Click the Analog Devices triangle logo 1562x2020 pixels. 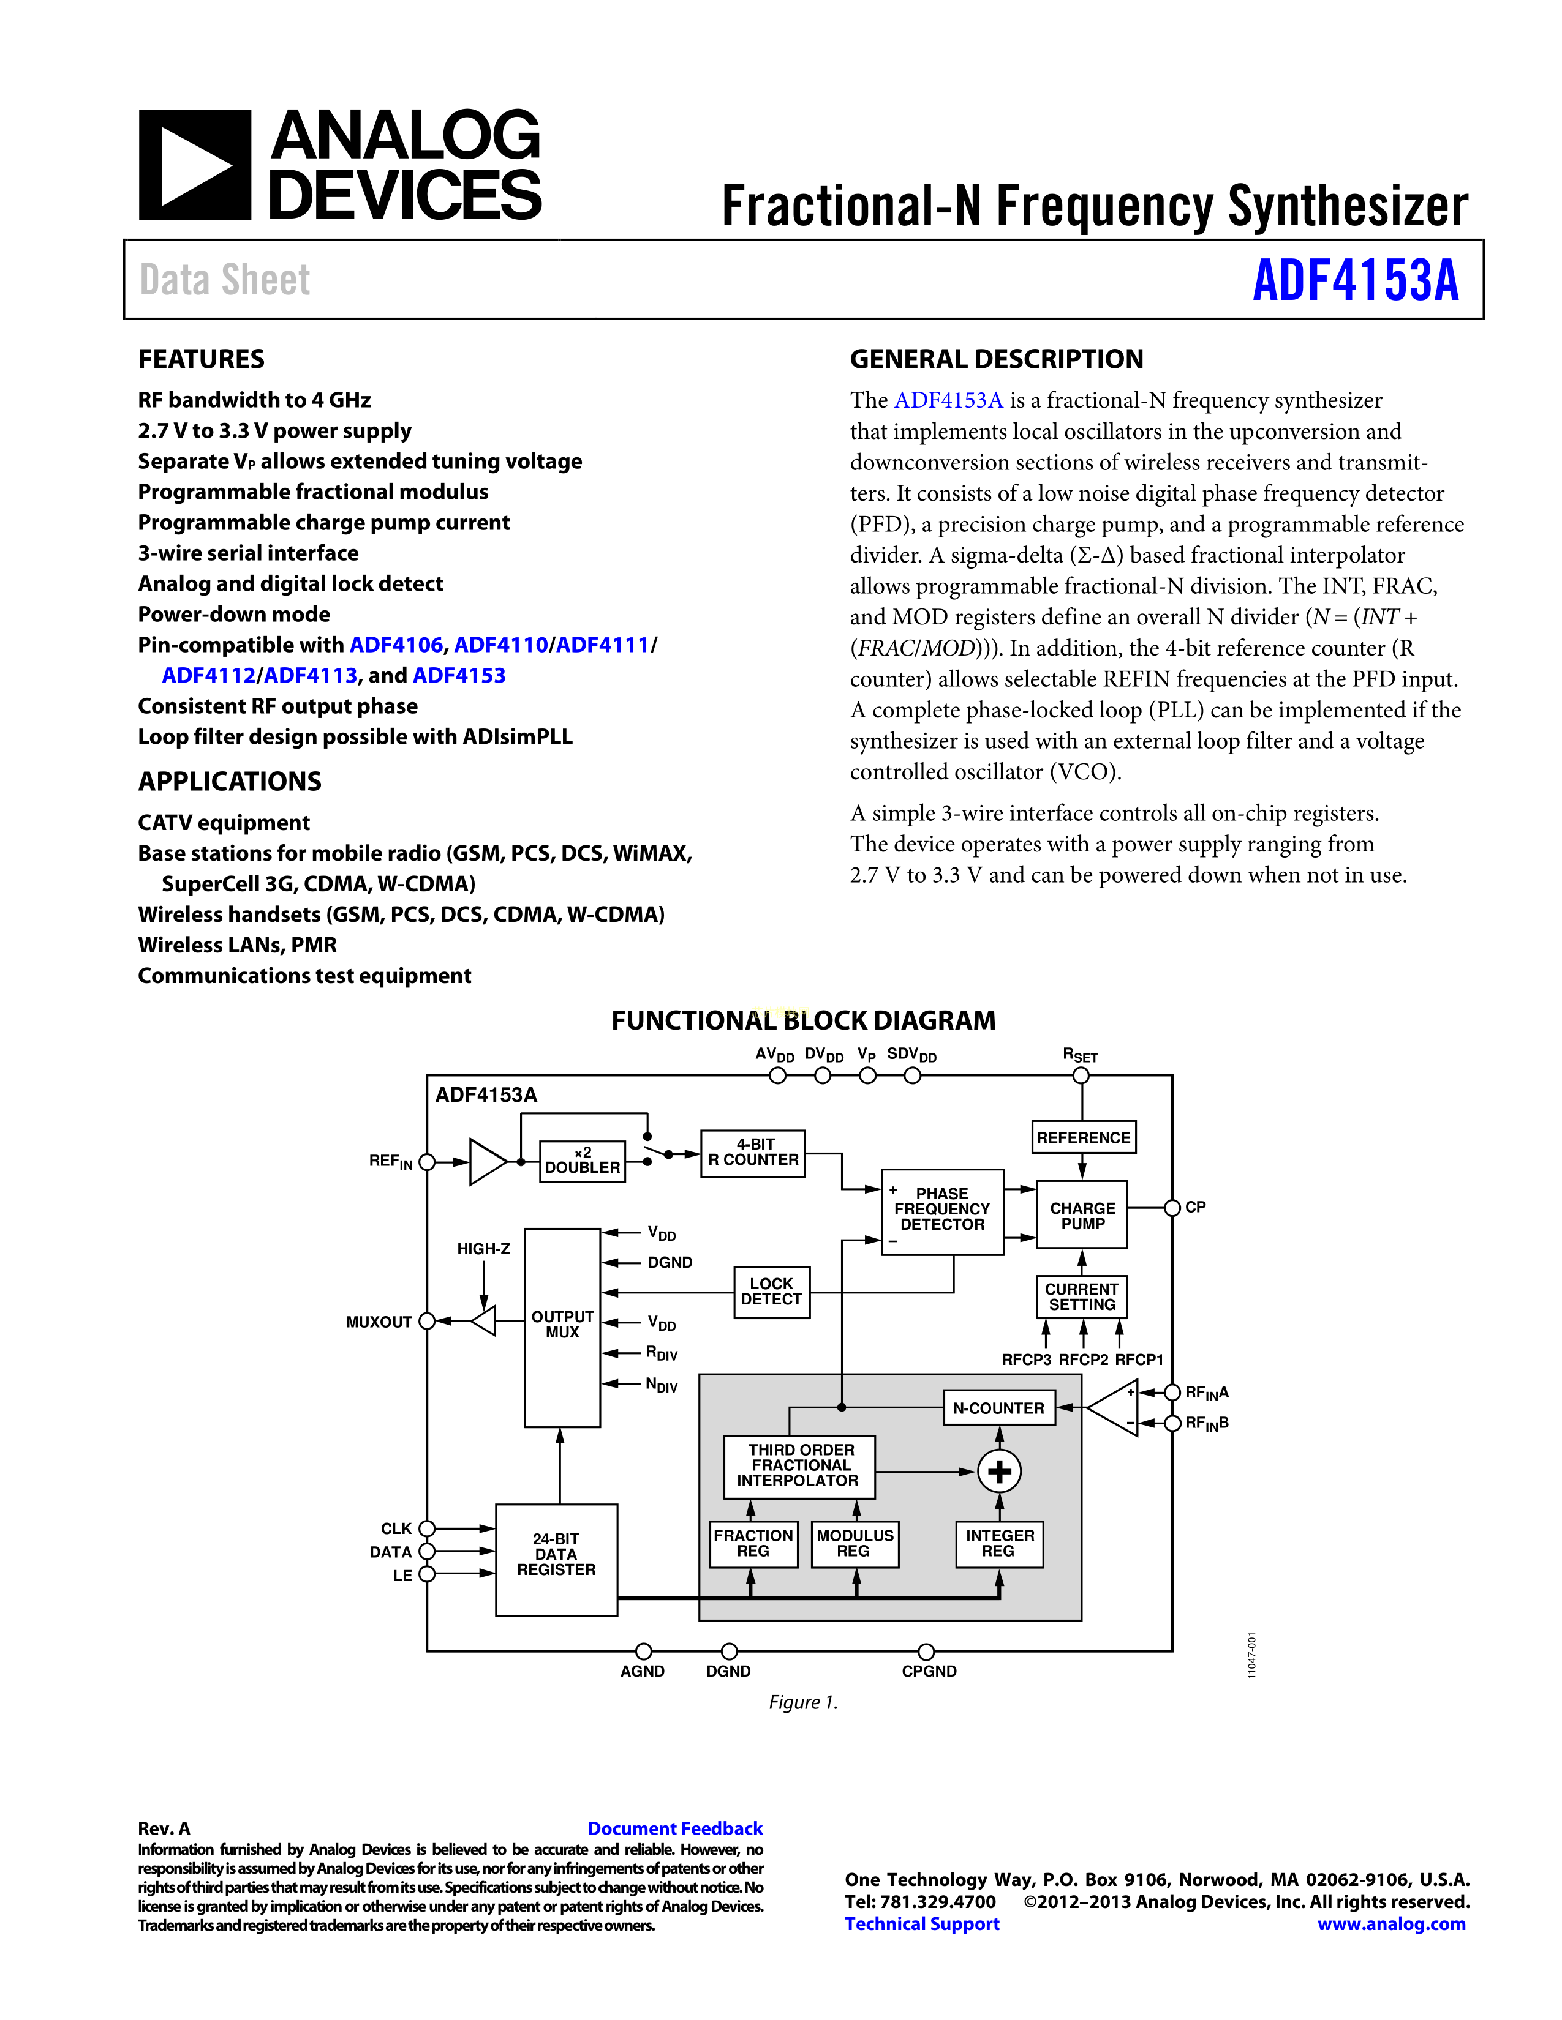pos(194,165)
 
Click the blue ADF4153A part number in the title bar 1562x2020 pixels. pos(1355,280)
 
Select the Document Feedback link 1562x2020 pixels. pos(674,1828)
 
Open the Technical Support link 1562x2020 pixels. pos(922,1924)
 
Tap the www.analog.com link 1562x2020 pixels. pos(1391,1924)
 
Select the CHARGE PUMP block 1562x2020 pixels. pos(1082,1215)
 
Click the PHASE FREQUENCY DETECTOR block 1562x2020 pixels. pos(942,1210)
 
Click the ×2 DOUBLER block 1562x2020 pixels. pos(582,1161)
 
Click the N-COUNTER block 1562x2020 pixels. pos(998,1408)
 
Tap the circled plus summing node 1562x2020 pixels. pos(1000,1472)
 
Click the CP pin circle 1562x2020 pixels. pos(1171,1207)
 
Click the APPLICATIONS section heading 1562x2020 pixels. pos(230,782)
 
